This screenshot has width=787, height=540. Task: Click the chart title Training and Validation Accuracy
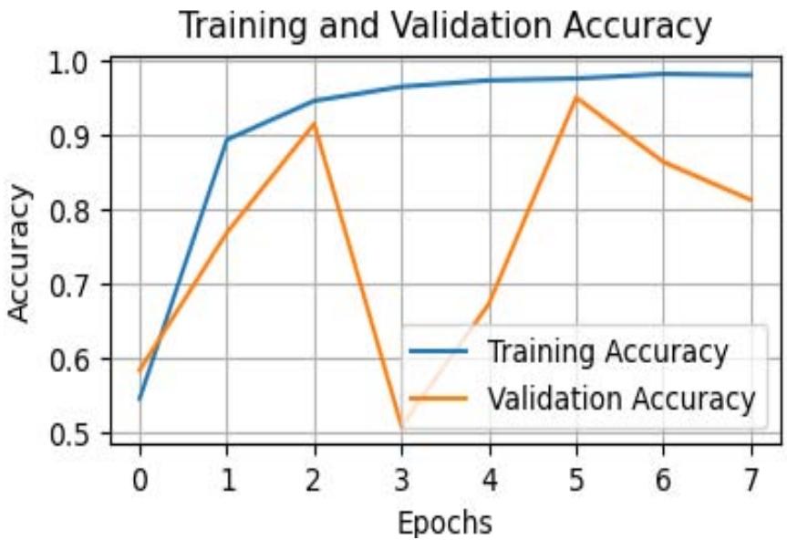pos(444,26)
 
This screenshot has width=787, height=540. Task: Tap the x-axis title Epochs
pos(445,522)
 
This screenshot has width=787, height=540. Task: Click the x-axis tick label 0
pos(140,477)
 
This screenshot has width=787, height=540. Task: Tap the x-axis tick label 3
pos(401,477)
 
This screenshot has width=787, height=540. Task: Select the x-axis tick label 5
pos(576,477)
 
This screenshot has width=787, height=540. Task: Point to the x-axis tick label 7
pos(751,477)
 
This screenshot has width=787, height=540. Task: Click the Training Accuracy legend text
pos(607,351)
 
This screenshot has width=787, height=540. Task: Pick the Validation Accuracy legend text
pos(621,398)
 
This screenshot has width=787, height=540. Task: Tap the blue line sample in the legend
pos(439,351)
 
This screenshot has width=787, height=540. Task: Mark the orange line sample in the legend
pos(439,398)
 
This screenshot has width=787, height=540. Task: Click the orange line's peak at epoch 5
pos(576,97)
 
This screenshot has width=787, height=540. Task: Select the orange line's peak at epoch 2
pos(315,123)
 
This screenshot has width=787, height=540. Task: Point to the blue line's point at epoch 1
pos(227,139)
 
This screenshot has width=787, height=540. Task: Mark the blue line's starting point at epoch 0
pos(140,400)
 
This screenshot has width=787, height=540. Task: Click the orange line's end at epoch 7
pos(751,201)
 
